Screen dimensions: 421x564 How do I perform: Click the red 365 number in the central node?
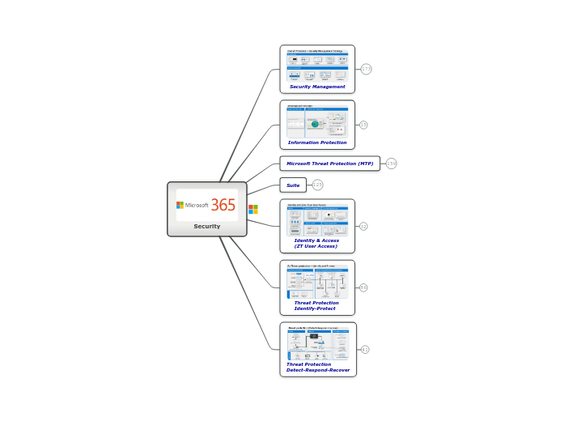[223, 205]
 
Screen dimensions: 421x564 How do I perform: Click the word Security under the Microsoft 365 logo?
[207, 227]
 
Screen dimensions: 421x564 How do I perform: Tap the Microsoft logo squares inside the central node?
[180, 205]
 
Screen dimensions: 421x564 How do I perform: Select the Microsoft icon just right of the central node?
[253, 209]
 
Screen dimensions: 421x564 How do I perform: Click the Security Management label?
[317, 87]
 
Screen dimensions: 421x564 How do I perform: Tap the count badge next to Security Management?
[367, 70]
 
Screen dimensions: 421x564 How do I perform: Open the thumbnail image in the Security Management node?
[317, 65]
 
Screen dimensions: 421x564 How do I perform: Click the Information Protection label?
[317, 142]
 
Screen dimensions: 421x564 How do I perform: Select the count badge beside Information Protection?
[363, 125]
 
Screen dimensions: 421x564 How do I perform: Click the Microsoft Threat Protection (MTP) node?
[330, 164]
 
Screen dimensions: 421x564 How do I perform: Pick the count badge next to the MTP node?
[392, 164]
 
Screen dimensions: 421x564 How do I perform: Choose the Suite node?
[293, 185]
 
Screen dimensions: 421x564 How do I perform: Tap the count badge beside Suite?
[318, 185]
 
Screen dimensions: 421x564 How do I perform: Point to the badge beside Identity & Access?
[363, 227]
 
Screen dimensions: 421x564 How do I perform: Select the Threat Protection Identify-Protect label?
[316, 306]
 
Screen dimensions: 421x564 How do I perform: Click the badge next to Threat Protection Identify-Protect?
[363, 287]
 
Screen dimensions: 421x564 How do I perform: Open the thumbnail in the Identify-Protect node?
[317, 281]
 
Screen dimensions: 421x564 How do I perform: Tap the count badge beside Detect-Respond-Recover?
[365, 350]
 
